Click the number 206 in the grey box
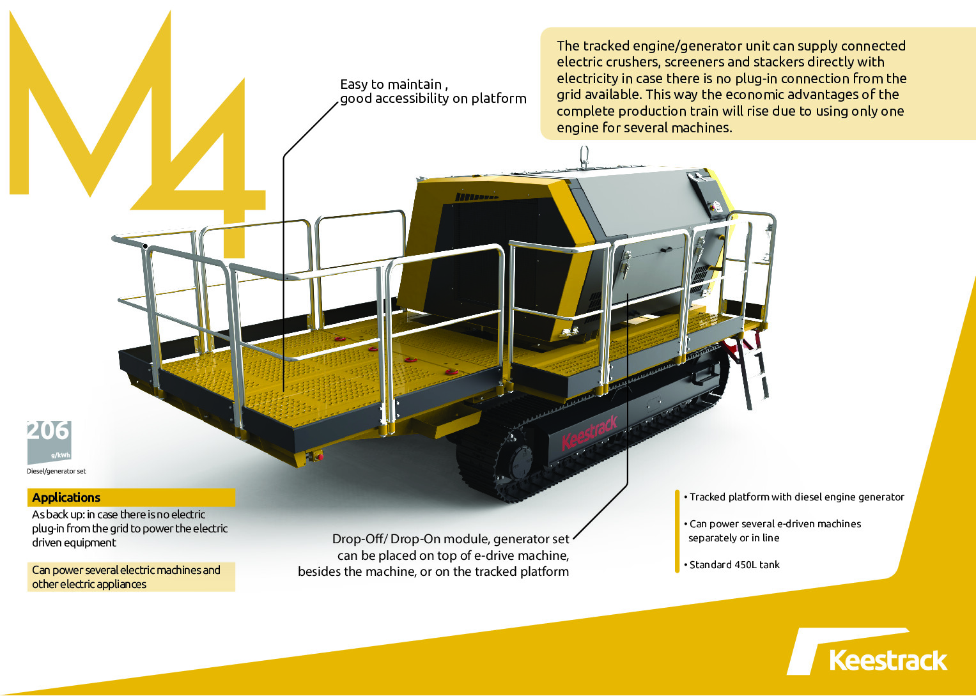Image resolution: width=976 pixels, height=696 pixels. tap(49, 431)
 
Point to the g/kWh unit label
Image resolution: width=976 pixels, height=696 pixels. tap(61, 456)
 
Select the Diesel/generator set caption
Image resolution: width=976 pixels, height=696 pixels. tap(56, 471)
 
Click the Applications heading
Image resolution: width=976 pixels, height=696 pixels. tap(66, 497)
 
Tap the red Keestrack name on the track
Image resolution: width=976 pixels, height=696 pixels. tap(589, 433)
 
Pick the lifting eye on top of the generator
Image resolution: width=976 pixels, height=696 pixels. tap(584, 157)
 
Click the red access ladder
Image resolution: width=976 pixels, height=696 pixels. tap(747, 371)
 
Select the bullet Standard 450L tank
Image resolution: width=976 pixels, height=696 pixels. tap(732, 565)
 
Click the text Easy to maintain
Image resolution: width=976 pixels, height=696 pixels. tap(391, 84)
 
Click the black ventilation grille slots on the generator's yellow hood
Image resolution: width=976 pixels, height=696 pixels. tap(477, 197)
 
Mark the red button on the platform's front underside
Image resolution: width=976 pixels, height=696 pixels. tap(320, 457)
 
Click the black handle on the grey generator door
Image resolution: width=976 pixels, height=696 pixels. tap(666, 250)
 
